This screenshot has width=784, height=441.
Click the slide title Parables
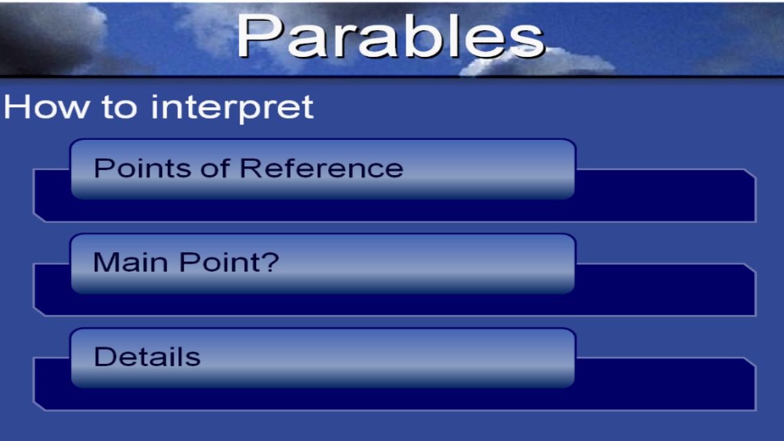pos(391,35)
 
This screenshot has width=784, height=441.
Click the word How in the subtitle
pos(46,107)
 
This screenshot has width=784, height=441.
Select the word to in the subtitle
pos(120,108)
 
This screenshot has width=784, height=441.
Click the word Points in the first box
pos(142,169)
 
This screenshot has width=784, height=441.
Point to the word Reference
pos(321,169)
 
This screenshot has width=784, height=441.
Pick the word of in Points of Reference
pos(215,169)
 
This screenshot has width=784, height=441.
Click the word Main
pos(131,262)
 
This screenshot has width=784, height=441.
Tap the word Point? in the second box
pos(229,262)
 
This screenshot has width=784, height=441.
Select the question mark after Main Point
pos(270,262)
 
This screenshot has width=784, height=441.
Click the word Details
pos(148,357)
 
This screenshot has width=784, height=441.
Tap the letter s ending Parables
pos(527,42)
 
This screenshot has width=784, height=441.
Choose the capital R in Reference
pos(251,169)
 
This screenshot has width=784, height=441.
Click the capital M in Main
pos(106,262)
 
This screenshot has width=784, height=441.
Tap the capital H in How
pos(17,107)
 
